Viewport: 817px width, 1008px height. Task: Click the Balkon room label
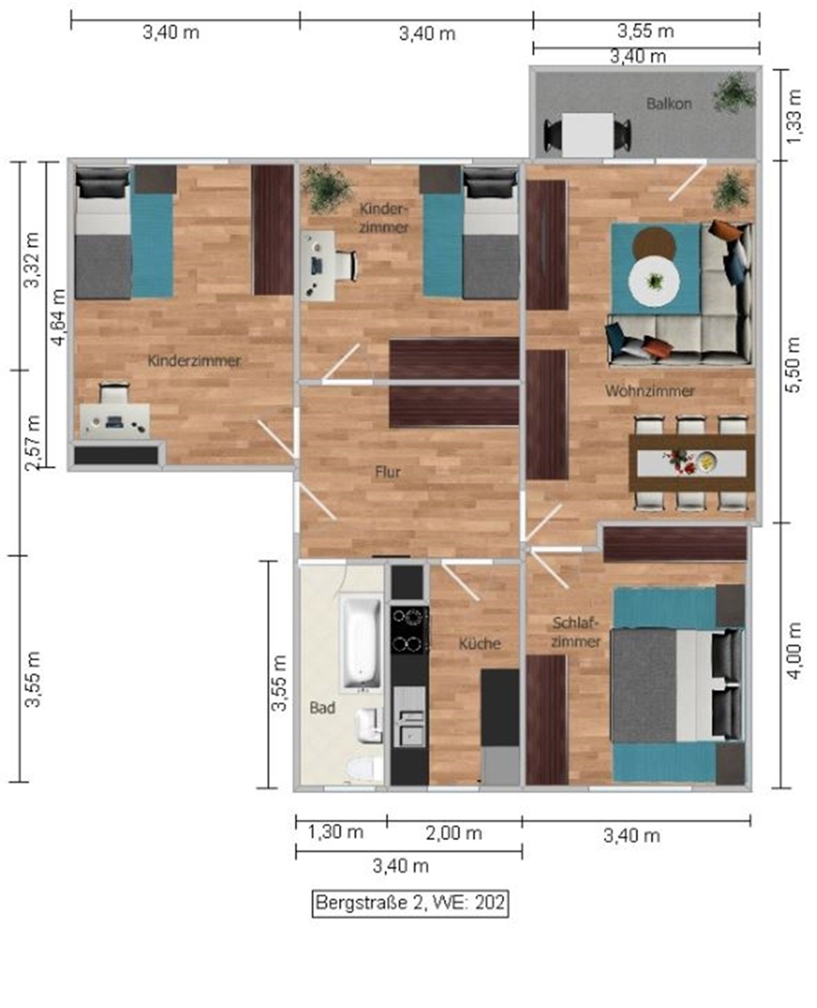[x=669, y=104]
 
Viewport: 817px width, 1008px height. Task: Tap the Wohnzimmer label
[x=649, y=391]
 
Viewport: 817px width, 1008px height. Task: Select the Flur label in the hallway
[x=388, y=472]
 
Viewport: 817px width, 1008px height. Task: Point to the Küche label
[x=480, y=643]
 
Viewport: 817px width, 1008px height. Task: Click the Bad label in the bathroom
[x=322, y=708]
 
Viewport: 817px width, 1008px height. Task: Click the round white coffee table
[x=654, y=282]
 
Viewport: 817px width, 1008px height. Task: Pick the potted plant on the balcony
[x=734, y=93]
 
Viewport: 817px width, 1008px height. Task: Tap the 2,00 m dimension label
[x=454, y=833]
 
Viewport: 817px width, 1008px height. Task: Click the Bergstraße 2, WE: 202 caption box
[x=410, y=903]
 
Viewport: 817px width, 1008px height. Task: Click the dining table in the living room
[x=692, y=463]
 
